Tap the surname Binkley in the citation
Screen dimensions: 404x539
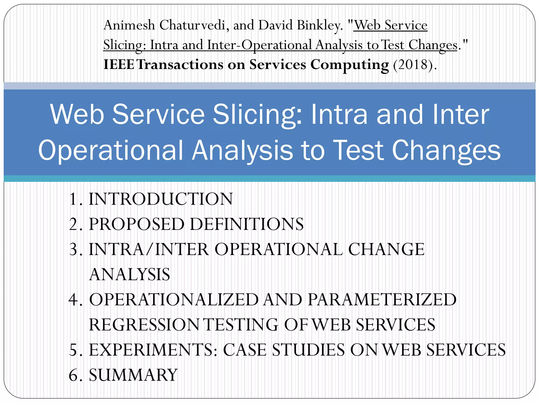pyautogui.click(x=320, y=26)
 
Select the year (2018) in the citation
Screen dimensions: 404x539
pyautogui.click(x=413, y=64)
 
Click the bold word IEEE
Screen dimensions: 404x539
pyautogui.click(x=119, y=64)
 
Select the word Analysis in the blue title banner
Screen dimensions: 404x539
pyautogui.click(x=242, y=150)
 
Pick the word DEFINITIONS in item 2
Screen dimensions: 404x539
pyautogui.click(x=247, y=224)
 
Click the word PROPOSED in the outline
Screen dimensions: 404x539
pyautogui.click(x=137, y=224)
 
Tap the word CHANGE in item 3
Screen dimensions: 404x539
pyautogui.click(x=386, y=249)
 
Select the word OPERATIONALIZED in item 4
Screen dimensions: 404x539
pyautogui.click(x=174, y=300)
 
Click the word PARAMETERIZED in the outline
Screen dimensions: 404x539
pyautogui.click(x=382, y=300)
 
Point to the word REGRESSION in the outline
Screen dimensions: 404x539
pyautogui.click(x=144, y=325)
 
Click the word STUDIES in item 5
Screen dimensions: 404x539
pyautogui.click(x=308, y=350)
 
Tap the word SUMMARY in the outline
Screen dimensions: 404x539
pyautogui.click(x=133, y=375)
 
